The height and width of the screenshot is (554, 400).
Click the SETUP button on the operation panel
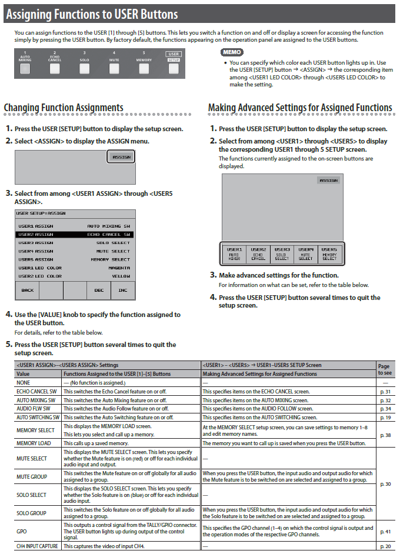174,68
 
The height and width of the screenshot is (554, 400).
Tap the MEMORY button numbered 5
144,68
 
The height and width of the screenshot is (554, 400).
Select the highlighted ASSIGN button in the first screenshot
121,157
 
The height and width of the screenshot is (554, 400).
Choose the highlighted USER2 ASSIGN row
74,234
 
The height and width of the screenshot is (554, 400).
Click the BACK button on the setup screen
27,290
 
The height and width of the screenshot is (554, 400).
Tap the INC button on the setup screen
122,290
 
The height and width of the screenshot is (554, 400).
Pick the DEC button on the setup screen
99,290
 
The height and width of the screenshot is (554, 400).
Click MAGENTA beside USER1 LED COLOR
119,268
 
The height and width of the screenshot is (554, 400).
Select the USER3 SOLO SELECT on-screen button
282,253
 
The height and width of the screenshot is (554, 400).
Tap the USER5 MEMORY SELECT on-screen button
329,253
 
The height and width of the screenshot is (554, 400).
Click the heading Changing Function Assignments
64,108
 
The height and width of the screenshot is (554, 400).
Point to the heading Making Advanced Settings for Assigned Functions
300,108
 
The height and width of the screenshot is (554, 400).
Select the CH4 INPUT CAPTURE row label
37,546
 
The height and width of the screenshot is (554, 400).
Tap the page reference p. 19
385,417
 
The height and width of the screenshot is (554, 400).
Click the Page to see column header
385,369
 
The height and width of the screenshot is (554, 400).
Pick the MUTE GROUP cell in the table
32,476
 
